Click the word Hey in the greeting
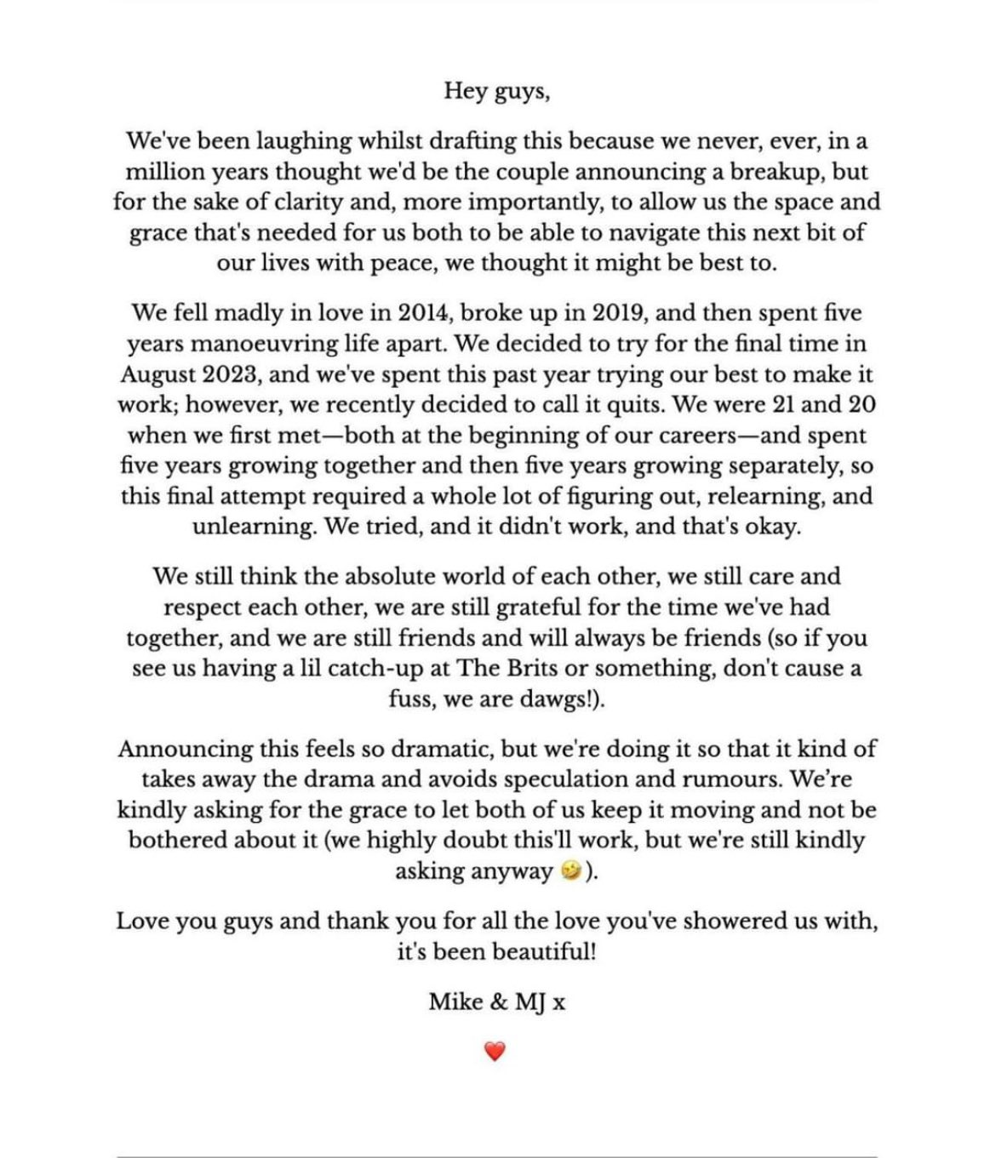coord(464,91)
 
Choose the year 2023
coord(222,374)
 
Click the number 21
coord(789,404)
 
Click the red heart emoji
coord(495,1052)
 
